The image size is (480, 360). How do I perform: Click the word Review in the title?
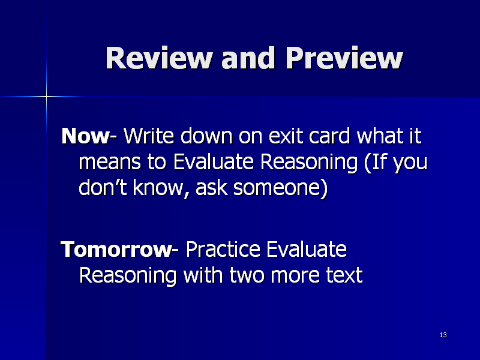159,58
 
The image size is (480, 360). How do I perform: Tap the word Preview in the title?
344,58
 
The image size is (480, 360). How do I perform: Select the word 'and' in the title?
248,58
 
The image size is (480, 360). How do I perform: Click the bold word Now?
85,136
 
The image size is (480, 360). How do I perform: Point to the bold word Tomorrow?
116,249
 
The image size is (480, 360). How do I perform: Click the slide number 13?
443,335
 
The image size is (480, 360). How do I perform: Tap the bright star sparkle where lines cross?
47,97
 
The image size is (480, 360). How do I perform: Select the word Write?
149,136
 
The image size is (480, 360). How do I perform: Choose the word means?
110,161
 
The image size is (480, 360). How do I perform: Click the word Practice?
223,249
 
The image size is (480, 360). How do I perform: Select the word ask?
212,187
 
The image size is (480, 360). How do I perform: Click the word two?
247,275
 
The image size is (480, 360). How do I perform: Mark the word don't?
103,187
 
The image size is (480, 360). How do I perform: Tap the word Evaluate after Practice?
307,249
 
